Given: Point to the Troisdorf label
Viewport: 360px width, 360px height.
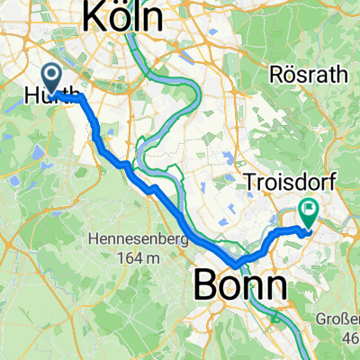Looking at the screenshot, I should tap(291, 184).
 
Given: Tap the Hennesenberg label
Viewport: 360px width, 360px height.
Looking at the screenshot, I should tap(138, 240).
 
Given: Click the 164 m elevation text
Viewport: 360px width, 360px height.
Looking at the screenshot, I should tap(138, 258).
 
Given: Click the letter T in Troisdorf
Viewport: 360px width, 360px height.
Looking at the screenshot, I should tap(251, 184).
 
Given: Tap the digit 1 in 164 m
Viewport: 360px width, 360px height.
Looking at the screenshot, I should tap(120, 258).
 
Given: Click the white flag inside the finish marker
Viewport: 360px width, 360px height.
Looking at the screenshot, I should tap(309, 210).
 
